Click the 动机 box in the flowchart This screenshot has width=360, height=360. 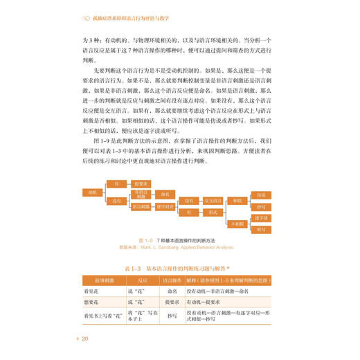tap(90, 190)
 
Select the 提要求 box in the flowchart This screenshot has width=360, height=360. tap(141, 183)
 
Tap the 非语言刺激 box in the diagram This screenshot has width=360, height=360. tap(141, 195)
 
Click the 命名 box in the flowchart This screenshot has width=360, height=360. tap(164, 195)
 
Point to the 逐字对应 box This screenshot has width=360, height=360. tap(164, 206)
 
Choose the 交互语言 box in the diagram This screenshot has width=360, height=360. tap(213, 201)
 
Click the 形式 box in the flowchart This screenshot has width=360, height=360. tap(213, 213)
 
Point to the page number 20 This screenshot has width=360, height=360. tap(85, 338)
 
